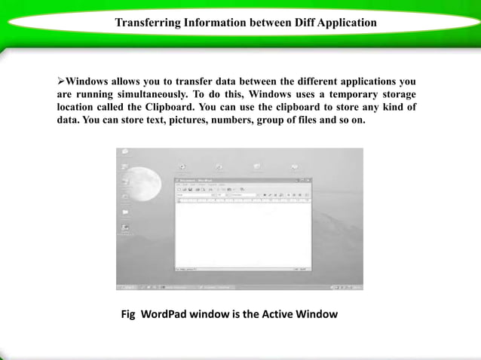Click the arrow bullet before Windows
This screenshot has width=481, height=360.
[62, 81]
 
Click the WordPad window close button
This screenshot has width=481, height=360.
[308, 180]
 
